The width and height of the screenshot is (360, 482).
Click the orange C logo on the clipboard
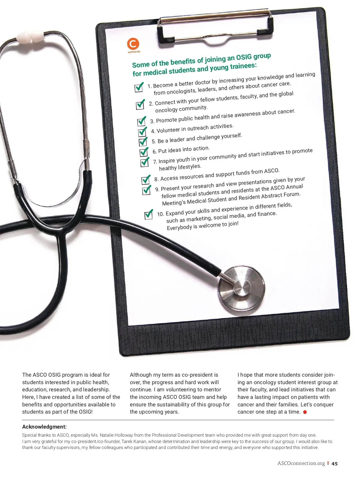tap(133, 44)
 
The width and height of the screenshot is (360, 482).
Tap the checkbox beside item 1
tap(139, 87)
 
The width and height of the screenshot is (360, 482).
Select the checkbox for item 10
tap(148, 215)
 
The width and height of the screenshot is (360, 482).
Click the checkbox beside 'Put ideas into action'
tap(144, 152)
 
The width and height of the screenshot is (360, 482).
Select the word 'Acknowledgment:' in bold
tap(44, 427)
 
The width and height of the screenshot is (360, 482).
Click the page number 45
tap(334, 464)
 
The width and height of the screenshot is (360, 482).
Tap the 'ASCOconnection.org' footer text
tap(301, 463)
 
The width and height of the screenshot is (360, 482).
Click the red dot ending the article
tap(305, 412)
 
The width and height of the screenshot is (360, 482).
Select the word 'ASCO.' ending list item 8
tap(271, 171)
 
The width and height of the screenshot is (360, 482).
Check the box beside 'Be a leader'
tap(143, 142)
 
